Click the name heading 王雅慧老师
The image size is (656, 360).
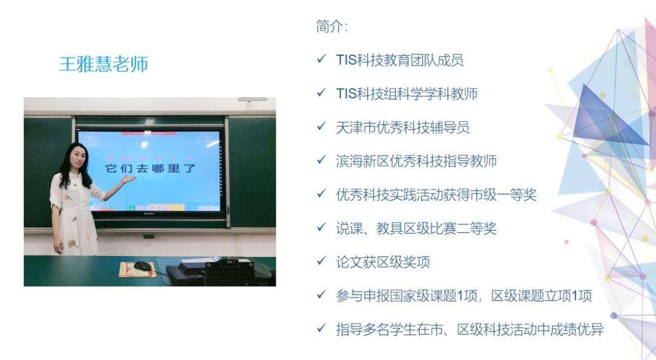coord(103,64)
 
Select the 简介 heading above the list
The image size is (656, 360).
coord(332,27)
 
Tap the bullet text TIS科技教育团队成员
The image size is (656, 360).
coord(400,60)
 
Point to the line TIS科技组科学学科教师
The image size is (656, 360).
coord(406,93)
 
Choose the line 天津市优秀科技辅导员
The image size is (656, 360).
coord(402,127)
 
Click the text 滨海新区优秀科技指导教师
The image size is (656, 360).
coord(416,161)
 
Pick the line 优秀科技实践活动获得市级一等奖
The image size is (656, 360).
coord(436,195)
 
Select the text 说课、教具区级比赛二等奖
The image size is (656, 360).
coord(416,228)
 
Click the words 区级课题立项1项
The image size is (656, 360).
coord(541,296)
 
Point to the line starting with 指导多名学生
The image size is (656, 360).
coord(470,330)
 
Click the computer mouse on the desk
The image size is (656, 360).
coord(143,265)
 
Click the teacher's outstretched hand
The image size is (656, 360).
coord(128,179)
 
